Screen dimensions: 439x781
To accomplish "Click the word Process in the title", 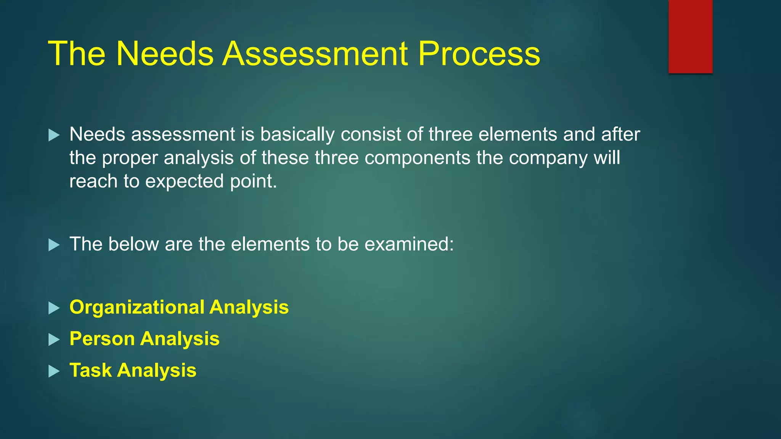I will [479, 54].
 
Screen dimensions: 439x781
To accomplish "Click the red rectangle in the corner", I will [690, 36].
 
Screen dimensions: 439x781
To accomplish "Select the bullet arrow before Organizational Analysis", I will [54, 308].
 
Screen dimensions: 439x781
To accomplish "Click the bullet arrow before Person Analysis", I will [54, 340].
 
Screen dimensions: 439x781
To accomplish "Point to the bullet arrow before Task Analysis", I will [54, 371].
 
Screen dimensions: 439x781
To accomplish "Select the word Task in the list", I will [90, 370].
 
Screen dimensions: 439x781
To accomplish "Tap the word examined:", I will [409, 244].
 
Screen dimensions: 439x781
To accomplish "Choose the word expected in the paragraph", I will [184, 181].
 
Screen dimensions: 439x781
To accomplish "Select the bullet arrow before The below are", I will [54, 245].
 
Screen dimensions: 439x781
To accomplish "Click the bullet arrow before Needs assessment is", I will [54, 135].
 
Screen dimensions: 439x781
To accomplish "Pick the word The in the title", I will [76, 54].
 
